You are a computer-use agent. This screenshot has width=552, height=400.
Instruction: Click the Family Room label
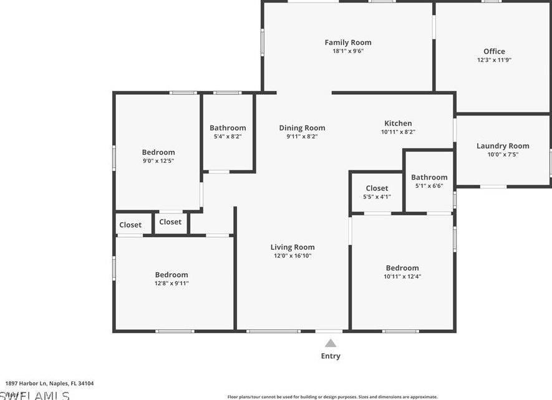coord(347,42)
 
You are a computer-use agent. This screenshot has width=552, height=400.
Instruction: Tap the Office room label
coord(494,51)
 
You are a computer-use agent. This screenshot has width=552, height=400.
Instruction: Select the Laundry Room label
coord(503,146)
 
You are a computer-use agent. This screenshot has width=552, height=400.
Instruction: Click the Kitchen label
coord(398,123)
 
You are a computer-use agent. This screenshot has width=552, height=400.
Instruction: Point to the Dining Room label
coord(302,128)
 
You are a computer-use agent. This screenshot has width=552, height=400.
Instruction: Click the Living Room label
coord(293,247)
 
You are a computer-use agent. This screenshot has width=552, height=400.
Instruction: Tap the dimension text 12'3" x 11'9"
coord(494,61)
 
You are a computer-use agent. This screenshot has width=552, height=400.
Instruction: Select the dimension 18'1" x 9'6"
coord(347,51)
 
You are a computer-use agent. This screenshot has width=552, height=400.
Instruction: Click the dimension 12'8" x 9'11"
coord(172,283)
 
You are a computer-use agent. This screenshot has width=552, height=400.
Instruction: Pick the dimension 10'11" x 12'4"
coord(402,276)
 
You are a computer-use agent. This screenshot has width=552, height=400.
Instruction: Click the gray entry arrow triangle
coord(331,343)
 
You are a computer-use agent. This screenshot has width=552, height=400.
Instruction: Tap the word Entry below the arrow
coord(331,356)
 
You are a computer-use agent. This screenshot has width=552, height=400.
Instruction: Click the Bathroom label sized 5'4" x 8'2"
coord(228,128)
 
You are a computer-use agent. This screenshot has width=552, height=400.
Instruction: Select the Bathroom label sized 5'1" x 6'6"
coord(429,177)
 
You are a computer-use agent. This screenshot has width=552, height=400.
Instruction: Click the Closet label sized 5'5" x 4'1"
coord(377,188)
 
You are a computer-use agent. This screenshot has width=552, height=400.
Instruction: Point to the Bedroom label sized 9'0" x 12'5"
coord(158,152)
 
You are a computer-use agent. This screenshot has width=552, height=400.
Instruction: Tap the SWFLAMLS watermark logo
coord(34,395)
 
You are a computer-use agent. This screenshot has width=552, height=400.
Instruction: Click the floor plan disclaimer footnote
coord(332,397)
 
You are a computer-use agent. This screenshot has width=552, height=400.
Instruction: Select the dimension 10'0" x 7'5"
coord(503,155)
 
